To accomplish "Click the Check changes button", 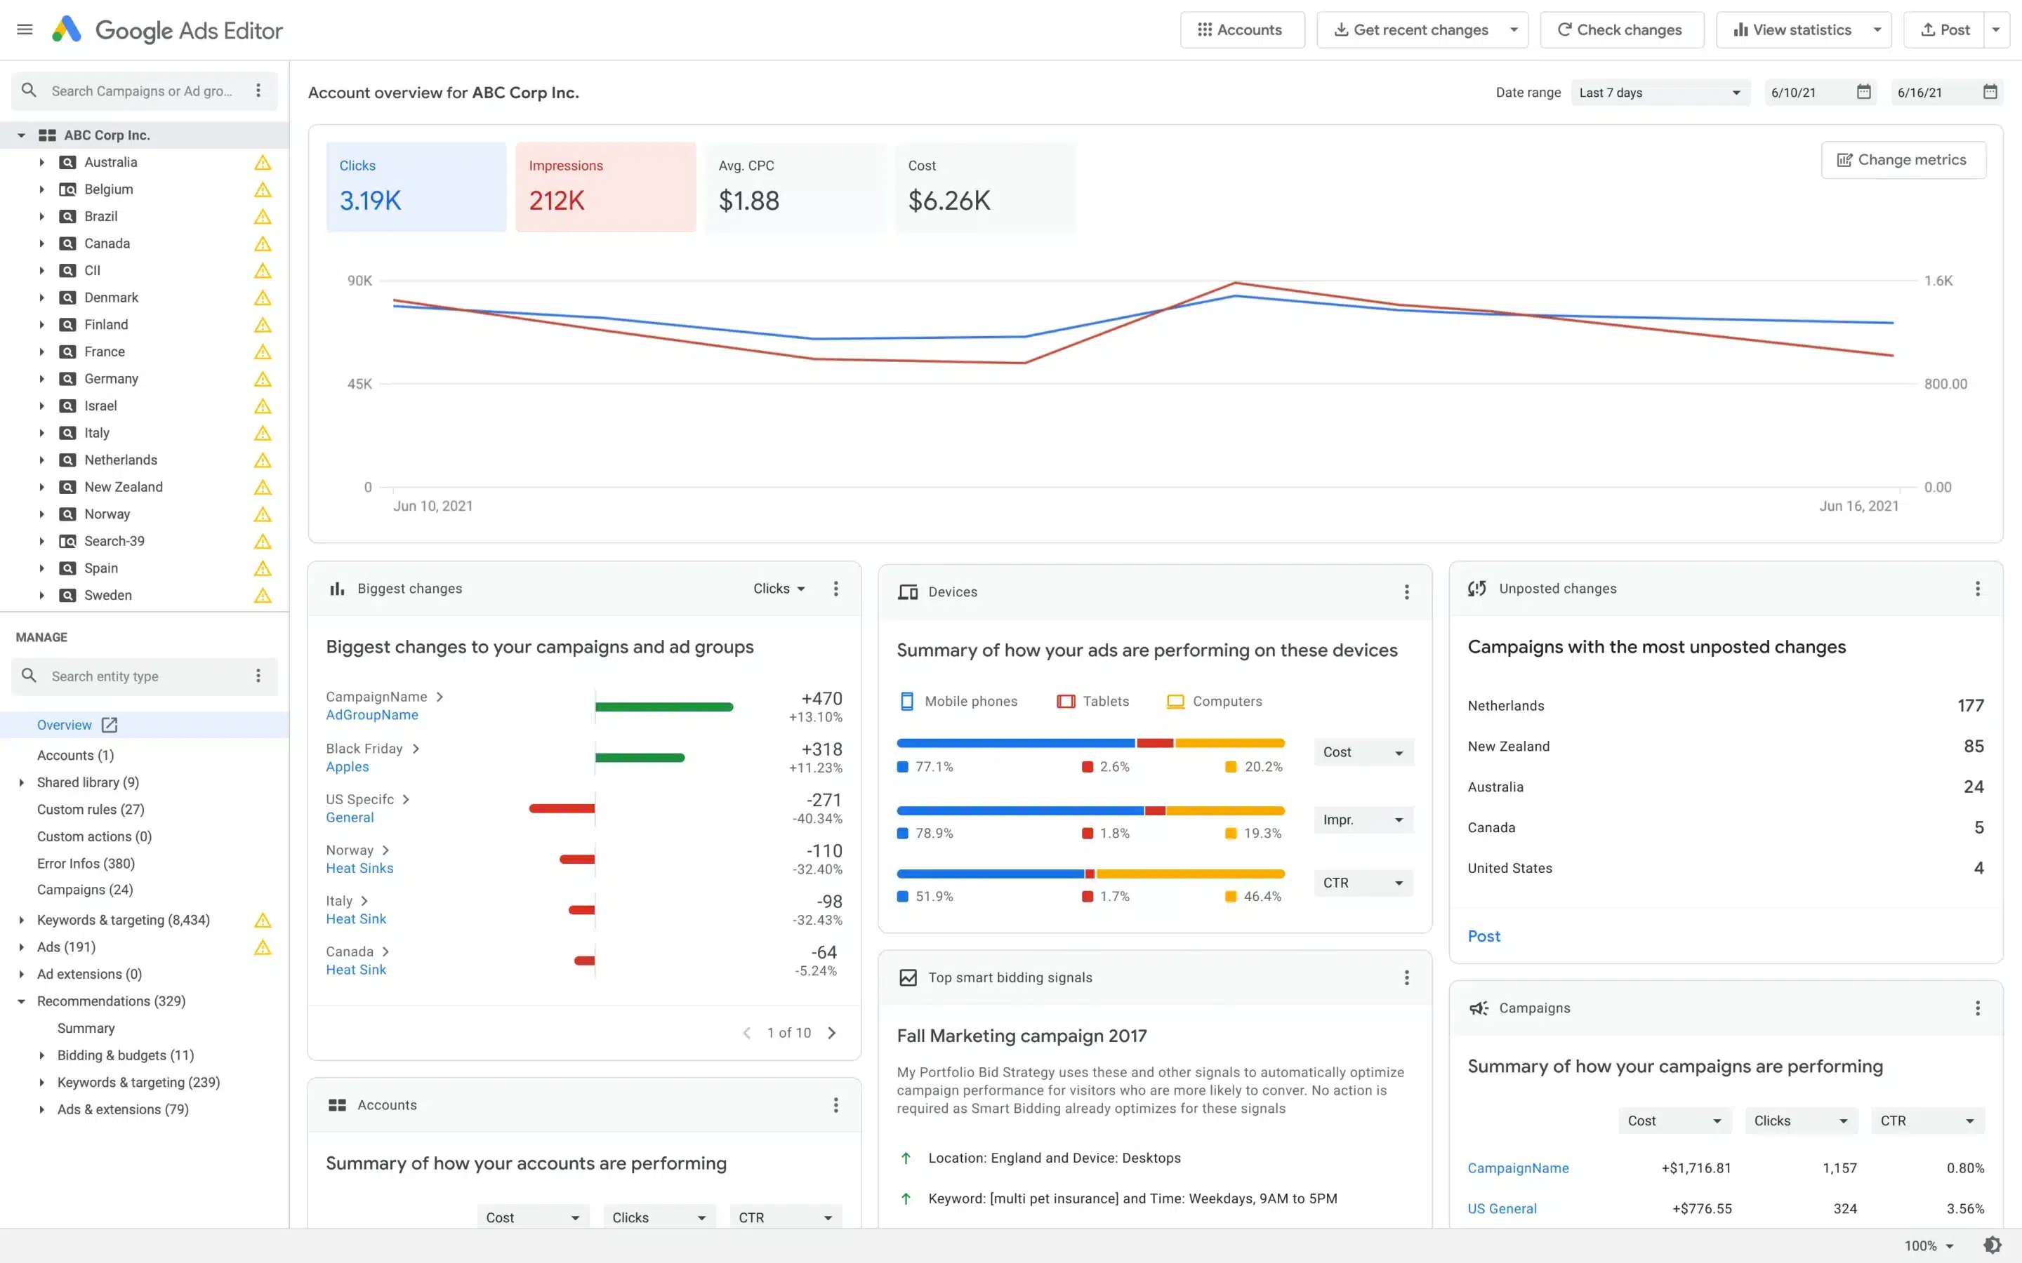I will [x=1621, y=30].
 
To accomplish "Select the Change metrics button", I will [x=1903, y=159].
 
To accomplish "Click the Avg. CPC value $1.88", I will [x=748, y=201].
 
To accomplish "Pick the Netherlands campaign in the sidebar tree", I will [x=120, y=460].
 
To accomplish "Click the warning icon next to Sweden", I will [x=263, y=596].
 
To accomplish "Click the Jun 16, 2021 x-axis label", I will [x=1858, y=506].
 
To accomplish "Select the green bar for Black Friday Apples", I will [x=640, y=758].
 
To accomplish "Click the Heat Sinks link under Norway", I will [x=359, y=869].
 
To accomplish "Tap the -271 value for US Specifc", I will [x=824, y=800].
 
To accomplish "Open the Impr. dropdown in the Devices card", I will [x=1363, y=820].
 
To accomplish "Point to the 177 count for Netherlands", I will [x=1969, y=706].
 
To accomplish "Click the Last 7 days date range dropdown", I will [x=1660, y=93].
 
